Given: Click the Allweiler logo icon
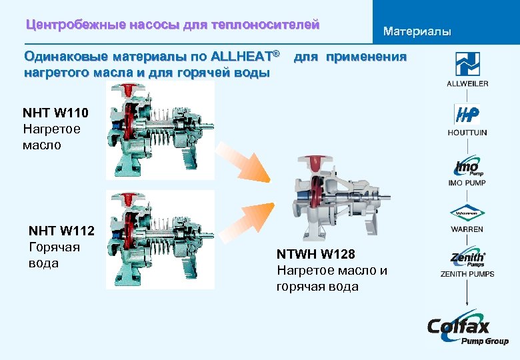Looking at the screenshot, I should (467, 64).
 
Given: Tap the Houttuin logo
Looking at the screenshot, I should (467, 115).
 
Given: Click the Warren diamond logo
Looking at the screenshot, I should (467, 214).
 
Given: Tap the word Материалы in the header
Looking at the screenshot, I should (417, 31).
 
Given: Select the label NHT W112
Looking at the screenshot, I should (61, 231).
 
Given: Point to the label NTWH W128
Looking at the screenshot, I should (316, 254).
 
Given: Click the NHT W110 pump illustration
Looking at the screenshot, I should (160, 131).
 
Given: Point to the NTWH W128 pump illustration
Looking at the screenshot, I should (337, 197).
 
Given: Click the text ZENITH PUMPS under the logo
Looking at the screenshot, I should (467, 274).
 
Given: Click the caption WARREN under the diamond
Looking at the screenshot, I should (467, 229).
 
